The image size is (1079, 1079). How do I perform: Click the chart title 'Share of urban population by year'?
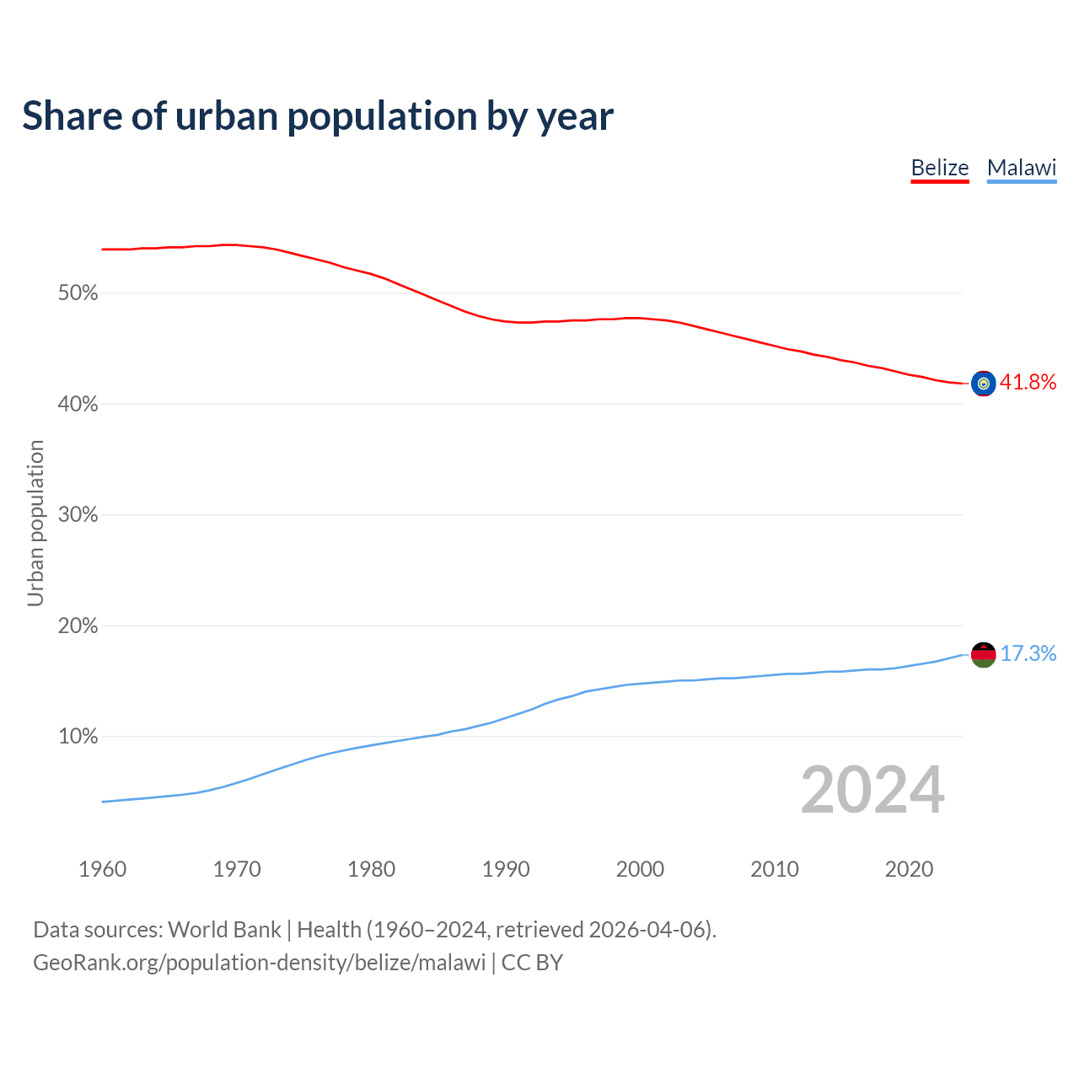318,116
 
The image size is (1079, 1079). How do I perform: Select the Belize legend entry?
940,168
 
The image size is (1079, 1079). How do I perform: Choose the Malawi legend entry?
1022,168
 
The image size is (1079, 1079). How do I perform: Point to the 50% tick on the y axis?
78,293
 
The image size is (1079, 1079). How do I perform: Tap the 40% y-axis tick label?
78,405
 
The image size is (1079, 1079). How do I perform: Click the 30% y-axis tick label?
78,515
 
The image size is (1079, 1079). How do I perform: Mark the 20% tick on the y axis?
78,626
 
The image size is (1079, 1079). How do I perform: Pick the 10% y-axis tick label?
78,737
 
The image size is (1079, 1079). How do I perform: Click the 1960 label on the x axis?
103,869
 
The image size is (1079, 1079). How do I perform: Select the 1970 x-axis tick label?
237,869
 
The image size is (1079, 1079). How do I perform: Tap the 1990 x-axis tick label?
506,869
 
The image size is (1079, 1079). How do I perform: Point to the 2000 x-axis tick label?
640,869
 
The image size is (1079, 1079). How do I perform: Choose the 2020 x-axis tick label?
909,869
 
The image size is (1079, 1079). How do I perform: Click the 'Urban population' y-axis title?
35,523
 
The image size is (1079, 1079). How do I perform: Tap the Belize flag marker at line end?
984,384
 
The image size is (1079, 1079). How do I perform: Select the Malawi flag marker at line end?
984,654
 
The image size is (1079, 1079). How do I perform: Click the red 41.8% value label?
1028,383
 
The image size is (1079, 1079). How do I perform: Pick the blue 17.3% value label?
1028,654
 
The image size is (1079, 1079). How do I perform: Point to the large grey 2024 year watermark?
872,790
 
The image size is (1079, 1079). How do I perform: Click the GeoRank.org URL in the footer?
259,963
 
